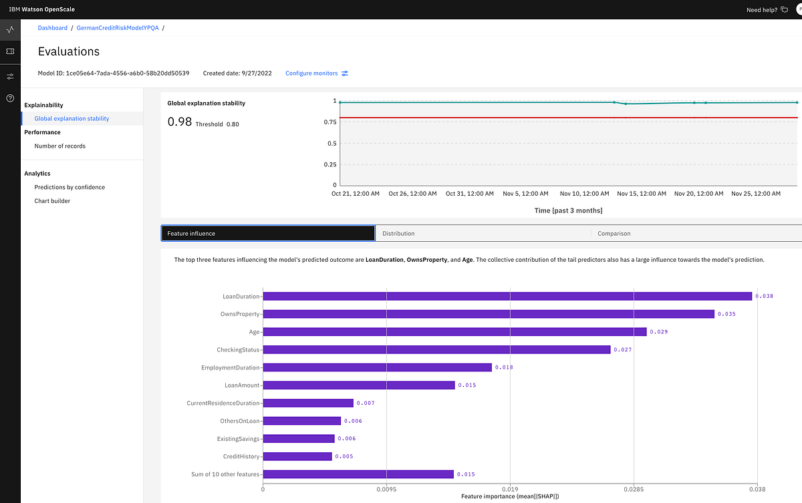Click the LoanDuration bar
[x=507, y=296]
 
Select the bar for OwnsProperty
[x=489, y=313]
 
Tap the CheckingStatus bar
[x=436, y=349]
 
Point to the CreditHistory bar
[x=297, y=456]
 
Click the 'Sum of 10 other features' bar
[x=358, y=474]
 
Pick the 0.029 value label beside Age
[x=658, y=331]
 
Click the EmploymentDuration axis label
[x=231, y=367]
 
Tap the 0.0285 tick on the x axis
[x=634, y=488]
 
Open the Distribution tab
[x=398, y=233]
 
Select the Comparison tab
[x=614, y=233]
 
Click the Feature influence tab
[x=267, y=233]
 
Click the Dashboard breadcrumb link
[x=53, y=28]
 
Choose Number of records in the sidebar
[x=60, y=146]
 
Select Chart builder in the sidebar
[x=52, y=200]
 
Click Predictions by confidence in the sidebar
[x=70, y=187]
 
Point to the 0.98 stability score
[x=180, y=122]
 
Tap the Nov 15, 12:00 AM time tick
[x=642, y=193]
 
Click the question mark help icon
[x=10, y=98]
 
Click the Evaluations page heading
[x=69, y=51]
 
